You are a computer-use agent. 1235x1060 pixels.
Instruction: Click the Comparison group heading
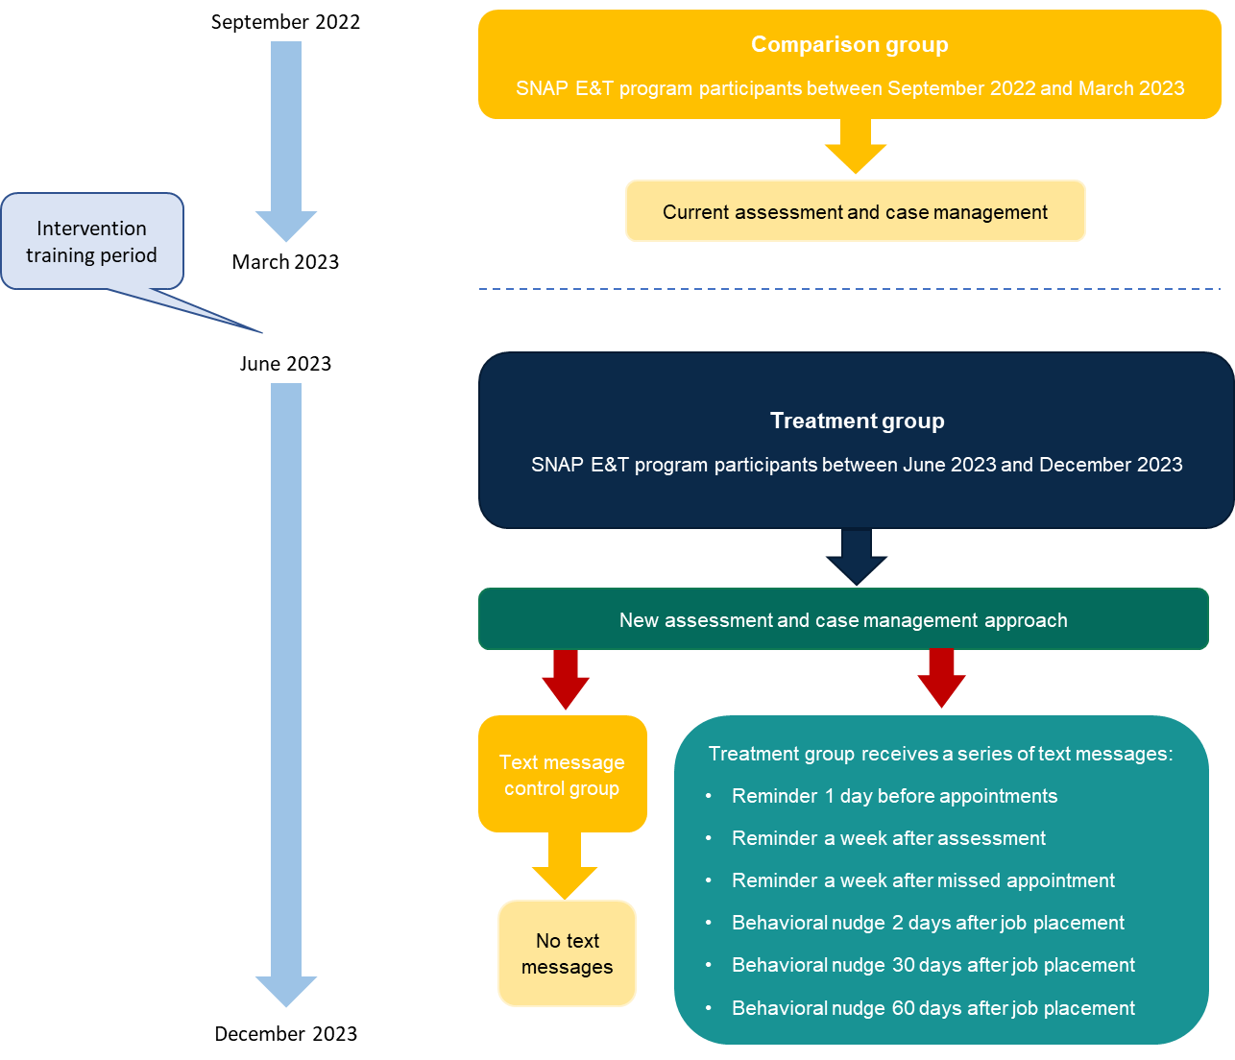tap(849, 45)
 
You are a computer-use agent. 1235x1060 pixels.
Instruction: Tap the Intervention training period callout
tap(92, 242)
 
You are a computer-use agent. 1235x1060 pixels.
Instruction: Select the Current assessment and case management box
tap(855, 212)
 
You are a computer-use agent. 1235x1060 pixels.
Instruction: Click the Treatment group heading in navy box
tap(857, 422)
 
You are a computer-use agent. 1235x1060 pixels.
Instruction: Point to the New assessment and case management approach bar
tap(842, 620)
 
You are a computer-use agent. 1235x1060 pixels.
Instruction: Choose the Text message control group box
tap(562, 775)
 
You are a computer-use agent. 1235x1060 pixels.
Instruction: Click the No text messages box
tap(567, 953)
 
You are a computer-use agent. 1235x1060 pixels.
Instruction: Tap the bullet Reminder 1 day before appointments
tap(894, 796)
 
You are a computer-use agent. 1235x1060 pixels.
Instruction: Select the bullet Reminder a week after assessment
tap(888, 838)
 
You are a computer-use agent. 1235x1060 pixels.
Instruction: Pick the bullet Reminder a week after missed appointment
tap(923, 880)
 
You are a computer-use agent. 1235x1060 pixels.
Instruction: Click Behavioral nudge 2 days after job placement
tap(928, 923)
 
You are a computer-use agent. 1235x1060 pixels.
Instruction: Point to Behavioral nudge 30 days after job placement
tap(932, 965)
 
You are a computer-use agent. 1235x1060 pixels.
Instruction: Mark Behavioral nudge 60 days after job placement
tap(932, 1008)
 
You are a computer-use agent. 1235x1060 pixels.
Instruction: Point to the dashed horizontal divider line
tap(849, 288)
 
